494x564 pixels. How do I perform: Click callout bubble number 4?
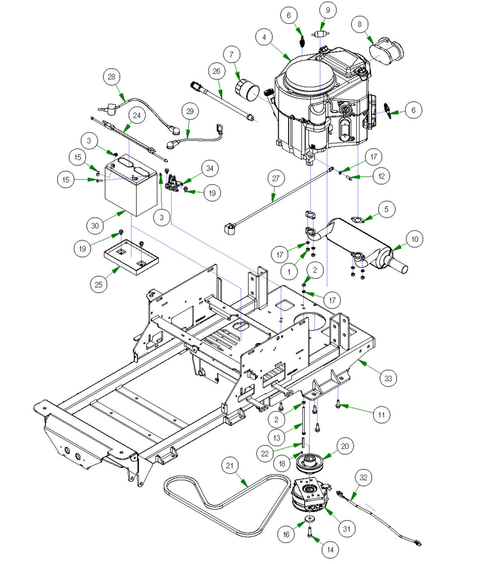[x=264, y=37]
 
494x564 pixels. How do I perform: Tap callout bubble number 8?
[x=360, y=24]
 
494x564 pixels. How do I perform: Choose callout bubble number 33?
[x=388, y=378]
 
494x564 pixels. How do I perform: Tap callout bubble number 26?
[x=216, y=71]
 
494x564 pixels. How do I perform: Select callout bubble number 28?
[x=111, y=76]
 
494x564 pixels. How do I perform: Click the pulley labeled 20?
[x=309, y=462]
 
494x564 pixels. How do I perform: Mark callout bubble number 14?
[x=330, y=550]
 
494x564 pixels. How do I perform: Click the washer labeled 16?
[x=310, y=518]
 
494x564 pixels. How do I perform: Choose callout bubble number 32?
[x=363, y=478]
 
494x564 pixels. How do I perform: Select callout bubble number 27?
[x=276, y=178]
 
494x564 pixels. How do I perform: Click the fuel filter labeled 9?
[x=320, y=34]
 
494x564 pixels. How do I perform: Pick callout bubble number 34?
[x=210, y=168]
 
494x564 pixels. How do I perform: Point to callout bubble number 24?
[x=137, y=115]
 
